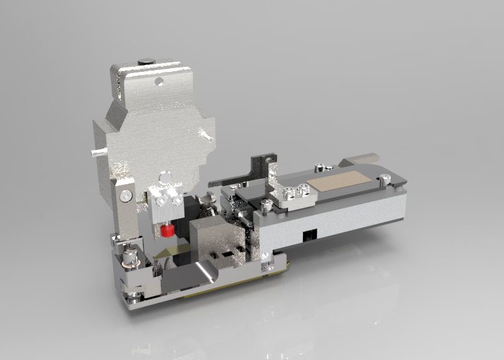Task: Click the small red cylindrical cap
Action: click(x=168, y=230)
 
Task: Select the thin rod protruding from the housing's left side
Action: click(x=96, y=152)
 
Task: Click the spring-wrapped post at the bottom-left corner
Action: click(x=132, y=257)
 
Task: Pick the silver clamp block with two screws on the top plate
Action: click(x=297, y=194)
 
